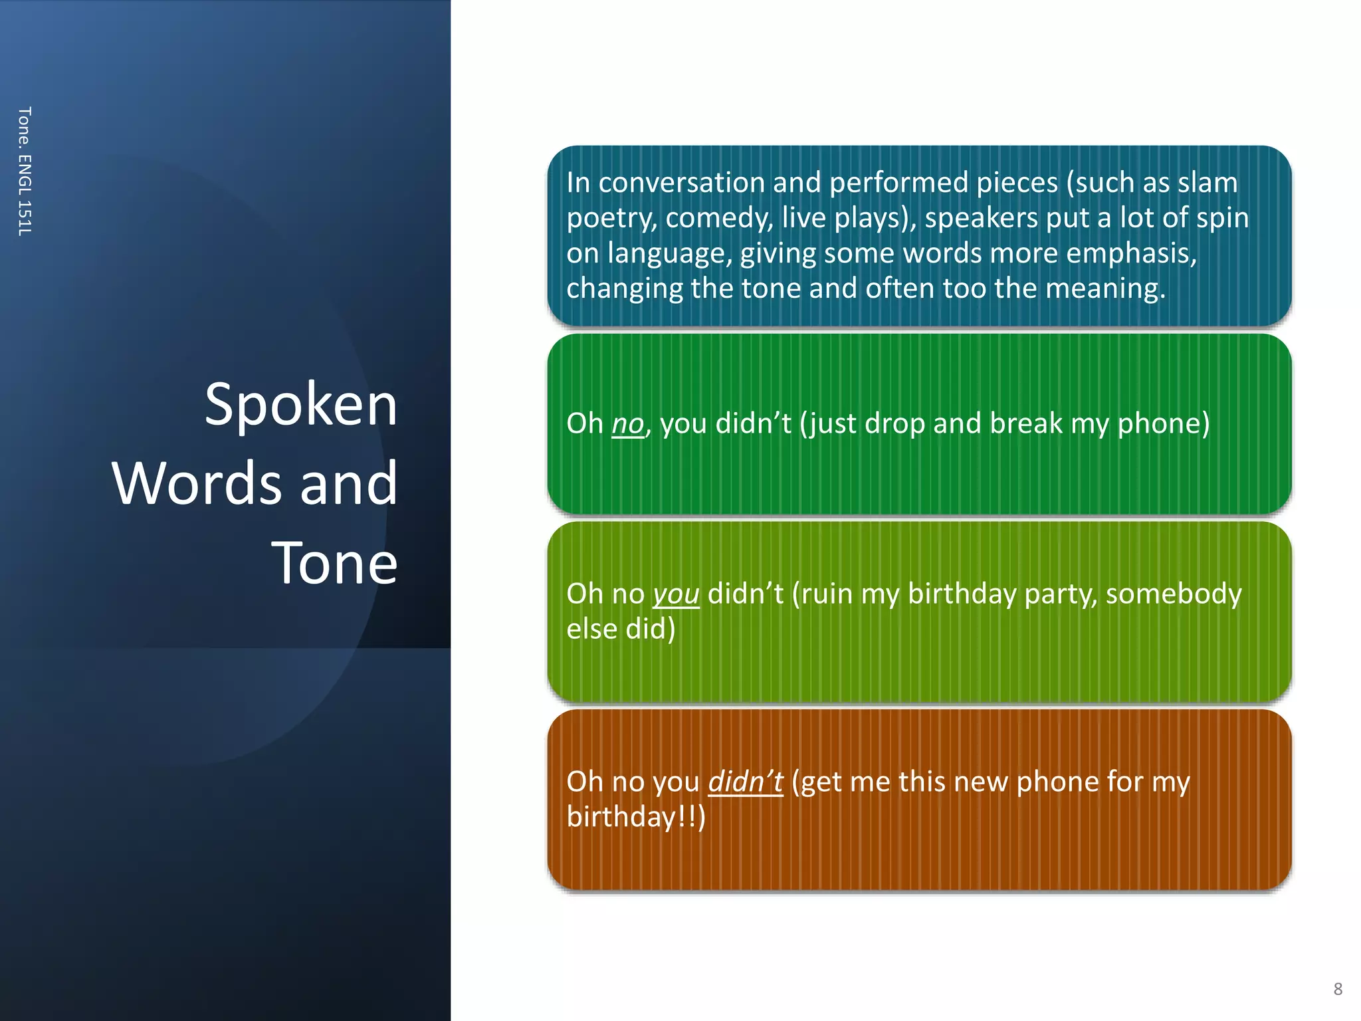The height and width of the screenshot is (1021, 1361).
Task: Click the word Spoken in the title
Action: tap(301, 405)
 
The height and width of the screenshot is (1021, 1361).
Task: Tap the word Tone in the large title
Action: tap(334, 563)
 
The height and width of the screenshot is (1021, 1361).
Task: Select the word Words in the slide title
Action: tap(197, 483)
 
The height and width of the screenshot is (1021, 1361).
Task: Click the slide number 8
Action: tap(1338, 989)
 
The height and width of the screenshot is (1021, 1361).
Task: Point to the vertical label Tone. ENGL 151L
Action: tap(25, 171)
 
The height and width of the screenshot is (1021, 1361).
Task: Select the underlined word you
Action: tap(676, 594)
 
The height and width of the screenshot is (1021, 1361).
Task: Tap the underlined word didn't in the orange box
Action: tap(746, 782)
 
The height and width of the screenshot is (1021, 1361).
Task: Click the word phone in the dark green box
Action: tap(1163, 423)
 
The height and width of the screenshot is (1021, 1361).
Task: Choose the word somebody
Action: tap(1174, 594)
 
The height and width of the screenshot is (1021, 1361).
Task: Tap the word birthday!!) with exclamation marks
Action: tap(636, 817)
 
